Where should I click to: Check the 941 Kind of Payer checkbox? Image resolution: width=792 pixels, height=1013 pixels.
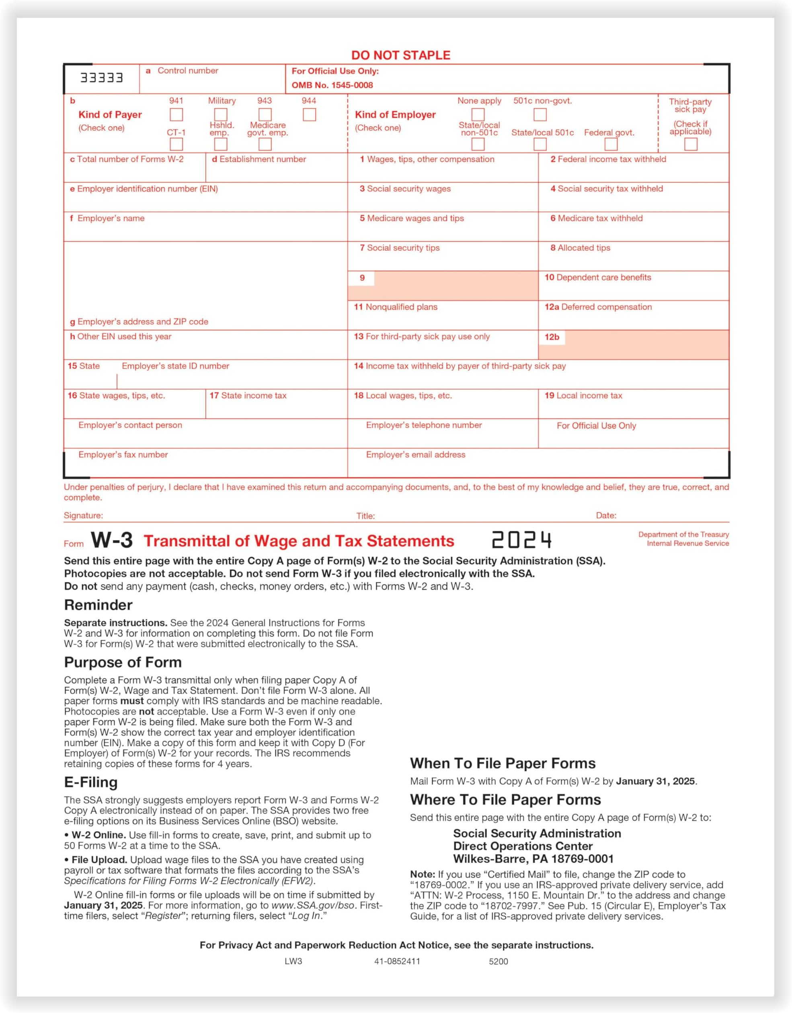pos(176,114)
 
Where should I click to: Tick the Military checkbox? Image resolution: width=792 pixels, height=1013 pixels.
pos(221,114)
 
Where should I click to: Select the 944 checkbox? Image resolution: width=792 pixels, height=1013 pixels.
pos(309,114)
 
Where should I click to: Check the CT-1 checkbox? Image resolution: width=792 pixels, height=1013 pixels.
pos(176,144)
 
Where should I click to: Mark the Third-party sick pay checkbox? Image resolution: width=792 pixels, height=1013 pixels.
pos(690,144)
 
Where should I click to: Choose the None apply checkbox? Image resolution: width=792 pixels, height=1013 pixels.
pos(478,114)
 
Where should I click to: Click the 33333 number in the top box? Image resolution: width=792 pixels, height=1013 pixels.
pos(102,78)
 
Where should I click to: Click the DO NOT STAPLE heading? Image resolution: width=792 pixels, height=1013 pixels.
pos(401,55)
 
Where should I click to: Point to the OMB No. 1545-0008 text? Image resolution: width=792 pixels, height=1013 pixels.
pos(332,85)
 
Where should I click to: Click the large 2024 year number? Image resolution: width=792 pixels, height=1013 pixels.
pos(521,540)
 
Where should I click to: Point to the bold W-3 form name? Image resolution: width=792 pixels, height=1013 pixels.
pos(111,540)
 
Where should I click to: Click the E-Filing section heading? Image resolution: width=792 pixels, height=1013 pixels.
pos(91,782)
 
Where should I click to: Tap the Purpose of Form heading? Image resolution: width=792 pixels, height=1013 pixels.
pos(123,662)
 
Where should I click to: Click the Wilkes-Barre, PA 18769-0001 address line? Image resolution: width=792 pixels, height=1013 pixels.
pos(533,859)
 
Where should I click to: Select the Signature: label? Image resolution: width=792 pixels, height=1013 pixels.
pos(84,515)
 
